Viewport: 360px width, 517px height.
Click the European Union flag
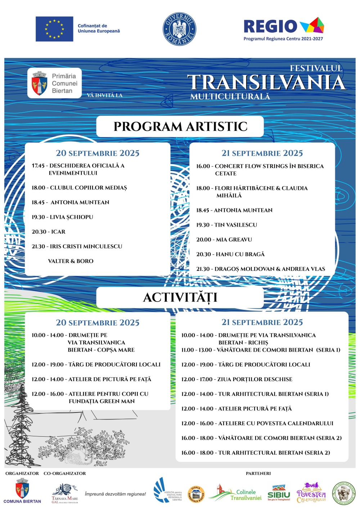54,29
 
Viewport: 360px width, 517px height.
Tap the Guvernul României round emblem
179,29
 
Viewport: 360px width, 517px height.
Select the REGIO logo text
270,27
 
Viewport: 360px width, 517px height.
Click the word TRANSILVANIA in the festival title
266,83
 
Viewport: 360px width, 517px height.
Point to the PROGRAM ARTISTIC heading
180,126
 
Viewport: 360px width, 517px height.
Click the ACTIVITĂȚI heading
180,297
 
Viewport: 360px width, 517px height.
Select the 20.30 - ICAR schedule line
49,232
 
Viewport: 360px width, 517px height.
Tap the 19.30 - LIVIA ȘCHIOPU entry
62,217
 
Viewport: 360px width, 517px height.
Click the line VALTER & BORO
71,261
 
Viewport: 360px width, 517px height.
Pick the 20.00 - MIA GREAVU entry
224,239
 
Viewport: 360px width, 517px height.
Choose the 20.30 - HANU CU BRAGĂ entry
230,254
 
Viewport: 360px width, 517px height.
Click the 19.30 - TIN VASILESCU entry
226,225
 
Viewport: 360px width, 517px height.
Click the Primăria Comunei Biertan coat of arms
40,83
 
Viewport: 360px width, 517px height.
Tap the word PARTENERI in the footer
258,473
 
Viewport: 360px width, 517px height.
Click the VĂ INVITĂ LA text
104,95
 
